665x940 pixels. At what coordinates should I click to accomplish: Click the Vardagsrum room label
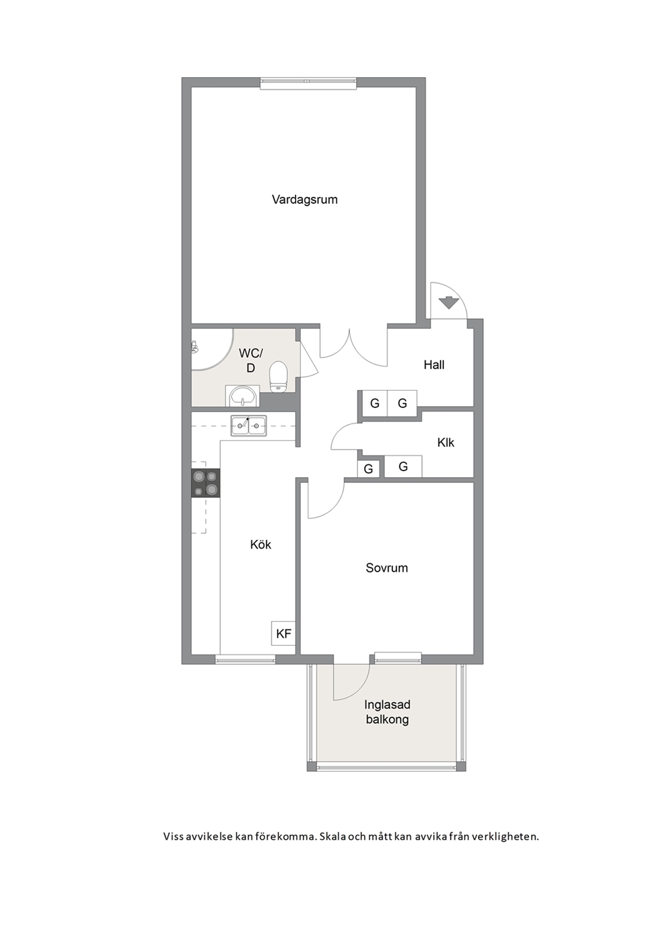click(304, 200)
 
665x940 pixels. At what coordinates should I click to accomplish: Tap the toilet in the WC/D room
click(278, 377)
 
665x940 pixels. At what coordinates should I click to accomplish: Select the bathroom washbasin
click(243, 396)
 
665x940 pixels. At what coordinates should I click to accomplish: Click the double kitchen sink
click(248, 425)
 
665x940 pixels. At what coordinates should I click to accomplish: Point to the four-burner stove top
click(206, 483)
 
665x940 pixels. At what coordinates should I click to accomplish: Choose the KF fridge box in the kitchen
click(284, 633)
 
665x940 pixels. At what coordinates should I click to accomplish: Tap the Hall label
click(434, 364)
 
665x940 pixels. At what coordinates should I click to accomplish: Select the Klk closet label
click(445, 442)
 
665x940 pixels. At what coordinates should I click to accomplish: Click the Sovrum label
click(387, 567)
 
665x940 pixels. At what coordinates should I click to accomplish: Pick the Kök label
click(260, 544)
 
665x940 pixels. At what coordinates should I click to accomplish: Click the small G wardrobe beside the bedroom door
click(369, 469)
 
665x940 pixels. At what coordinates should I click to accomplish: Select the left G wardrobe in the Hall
click(375, 403)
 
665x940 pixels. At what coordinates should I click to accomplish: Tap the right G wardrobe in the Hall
click(402, 403)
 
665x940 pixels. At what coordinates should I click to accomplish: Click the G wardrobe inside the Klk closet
click(403, 466)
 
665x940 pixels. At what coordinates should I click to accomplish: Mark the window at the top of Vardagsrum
click(308, 82)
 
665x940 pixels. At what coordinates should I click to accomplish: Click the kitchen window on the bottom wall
click(245, 659)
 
